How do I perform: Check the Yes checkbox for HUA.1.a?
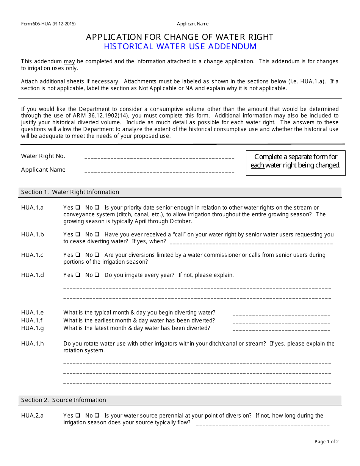[77, 208]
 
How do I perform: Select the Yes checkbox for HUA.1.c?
[77, 255]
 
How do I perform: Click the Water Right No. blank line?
[159, 157]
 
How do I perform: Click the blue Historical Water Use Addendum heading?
[180, 47]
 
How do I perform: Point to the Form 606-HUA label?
[48, 24]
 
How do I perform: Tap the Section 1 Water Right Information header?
[70, 192]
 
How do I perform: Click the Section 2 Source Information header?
[64, 400]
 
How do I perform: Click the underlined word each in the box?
[257, 165]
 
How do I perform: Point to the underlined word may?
[69, 61]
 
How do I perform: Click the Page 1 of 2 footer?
[326, 441]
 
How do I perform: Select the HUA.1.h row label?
[33, 344]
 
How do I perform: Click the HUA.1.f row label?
[32, 321]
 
